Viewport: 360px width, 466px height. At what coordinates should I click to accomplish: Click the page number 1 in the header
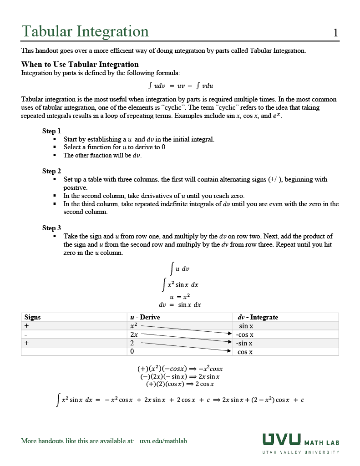point(335,33)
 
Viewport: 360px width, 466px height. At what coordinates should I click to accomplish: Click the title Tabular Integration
point(85,31)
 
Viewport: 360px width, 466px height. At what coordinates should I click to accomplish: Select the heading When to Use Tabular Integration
point(80,64)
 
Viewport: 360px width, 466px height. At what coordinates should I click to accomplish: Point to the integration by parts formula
point(181,86)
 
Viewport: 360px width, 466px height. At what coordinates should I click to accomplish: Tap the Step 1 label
point(51,131)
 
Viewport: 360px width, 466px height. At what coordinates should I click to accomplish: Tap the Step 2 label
point(51,171)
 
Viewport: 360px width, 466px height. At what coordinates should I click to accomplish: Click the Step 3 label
point(51,228)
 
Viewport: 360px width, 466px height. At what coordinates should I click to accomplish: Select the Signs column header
point(32,317)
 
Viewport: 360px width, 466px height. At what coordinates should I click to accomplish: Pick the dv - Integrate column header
point(258,317)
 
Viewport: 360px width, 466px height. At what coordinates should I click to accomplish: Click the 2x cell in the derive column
point(134,334)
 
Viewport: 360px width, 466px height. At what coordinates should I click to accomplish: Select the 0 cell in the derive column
point(132,352)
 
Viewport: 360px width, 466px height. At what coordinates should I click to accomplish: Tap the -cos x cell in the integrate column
point(245,334)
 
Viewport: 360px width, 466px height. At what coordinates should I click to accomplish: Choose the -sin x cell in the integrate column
point(244,343)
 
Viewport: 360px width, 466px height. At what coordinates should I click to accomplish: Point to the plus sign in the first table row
point(26,326)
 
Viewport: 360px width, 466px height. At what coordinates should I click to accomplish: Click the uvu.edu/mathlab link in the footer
point(163,441)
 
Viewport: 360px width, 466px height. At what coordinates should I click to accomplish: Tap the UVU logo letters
point(281,440)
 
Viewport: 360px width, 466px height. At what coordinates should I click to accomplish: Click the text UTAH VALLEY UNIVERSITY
point(300,452)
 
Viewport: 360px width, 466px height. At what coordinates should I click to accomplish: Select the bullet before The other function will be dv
point(55,155)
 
